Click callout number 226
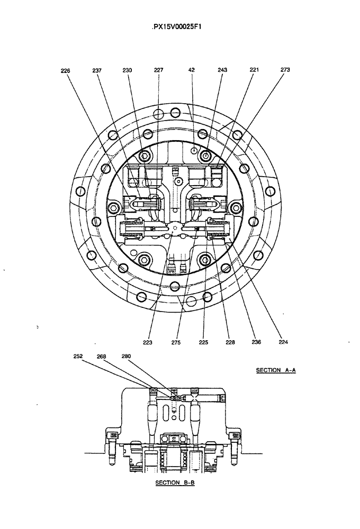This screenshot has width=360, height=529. tap(66, 70)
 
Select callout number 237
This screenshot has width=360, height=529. tap(97, 70)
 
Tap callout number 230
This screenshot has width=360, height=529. tap(128, 70)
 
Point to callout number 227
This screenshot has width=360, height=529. tap(158, 70)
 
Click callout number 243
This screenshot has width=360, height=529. tap(222, 70)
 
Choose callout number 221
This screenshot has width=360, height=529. tap(254, 70)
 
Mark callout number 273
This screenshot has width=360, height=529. tap(285, 70)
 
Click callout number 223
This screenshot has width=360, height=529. tap(147, 342)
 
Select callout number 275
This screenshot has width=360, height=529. tap(176, 342)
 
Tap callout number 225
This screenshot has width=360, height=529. tap(203, 342)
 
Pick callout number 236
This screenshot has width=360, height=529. tap(256, 342)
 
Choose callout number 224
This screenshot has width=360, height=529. tap(283, 342)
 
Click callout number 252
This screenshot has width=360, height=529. tap(78, 357)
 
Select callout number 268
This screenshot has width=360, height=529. tap(102, 357)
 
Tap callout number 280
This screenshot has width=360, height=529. tap(126, 357)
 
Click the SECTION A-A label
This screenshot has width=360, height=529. tap(275, 370)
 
